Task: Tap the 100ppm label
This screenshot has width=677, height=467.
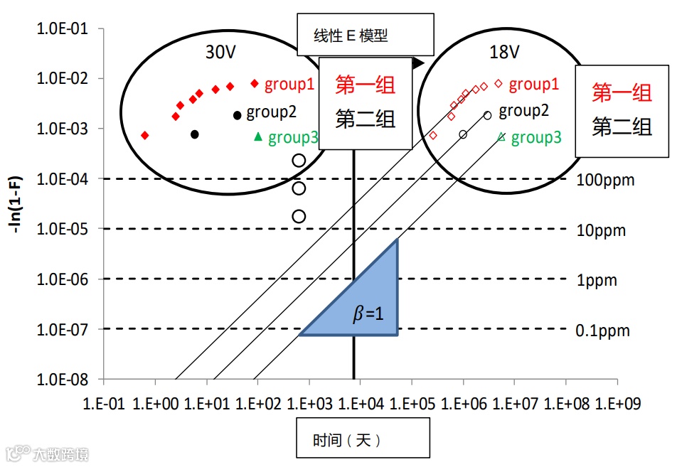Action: click(606, 180)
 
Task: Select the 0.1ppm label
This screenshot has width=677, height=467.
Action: click(602, 331)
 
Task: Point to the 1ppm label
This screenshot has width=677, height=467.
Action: click(597, 280)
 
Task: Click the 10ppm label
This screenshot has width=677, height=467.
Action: click(602, 230)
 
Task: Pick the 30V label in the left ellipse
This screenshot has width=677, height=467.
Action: click(221, 53)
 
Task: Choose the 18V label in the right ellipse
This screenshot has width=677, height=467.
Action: click(504, 53)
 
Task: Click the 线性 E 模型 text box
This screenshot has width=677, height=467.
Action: click(365, 34)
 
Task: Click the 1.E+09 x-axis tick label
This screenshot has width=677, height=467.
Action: click(618, 404)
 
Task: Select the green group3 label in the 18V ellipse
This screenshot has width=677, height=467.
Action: click(536, 138)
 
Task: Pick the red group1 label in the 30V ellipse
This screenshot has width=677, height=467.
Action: click(289, 85)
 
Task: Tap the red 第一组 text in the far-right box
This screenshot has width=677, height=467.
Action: click(622, 92)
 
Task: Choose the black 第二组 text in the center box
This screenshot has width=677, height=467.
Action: click(365, 119)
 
